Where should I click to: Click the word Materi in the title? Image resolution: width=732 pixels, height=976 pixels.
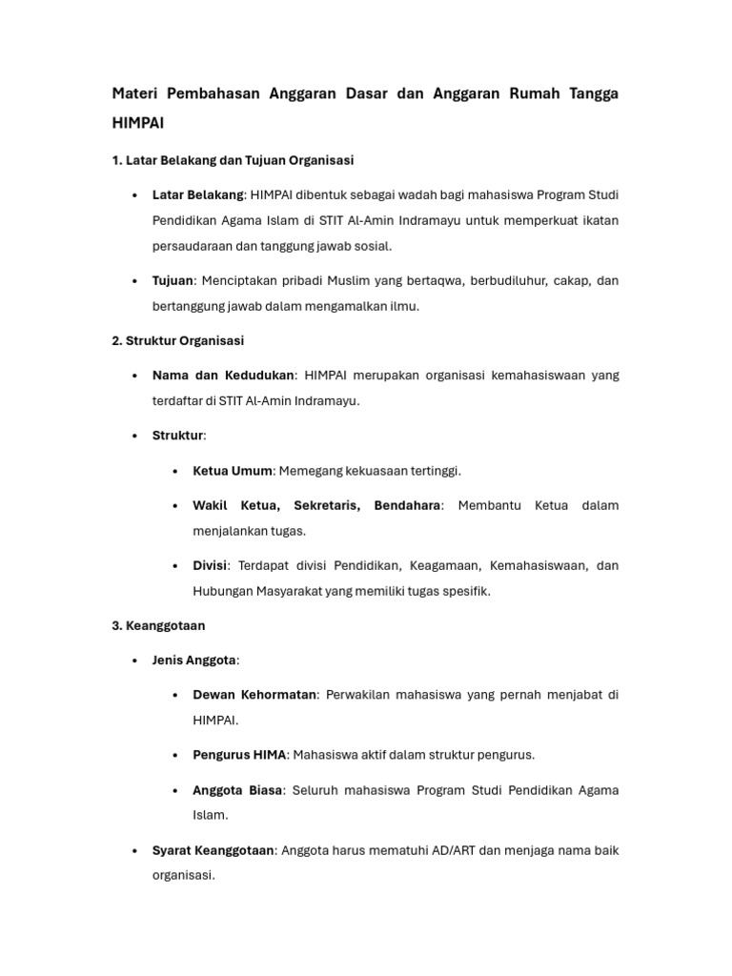[134, 93]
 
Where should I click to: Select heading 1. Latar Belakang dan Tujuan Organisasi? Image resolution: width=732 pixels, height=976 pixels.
[233, 160]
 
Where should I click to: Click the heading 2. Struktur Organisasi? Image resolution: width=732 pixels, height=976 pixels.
[177, 340]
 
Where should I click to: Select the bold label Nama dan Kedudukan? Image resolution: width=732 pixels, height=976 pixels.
[223, 376]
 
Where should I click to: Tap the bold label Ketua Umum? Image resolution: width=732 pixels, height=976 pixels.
[232, 471]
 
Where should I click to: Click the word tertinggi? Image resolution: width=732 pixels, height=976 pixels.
[429, 471]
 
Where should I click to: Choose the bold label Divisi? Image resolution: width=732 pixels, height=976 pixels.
[210, 565]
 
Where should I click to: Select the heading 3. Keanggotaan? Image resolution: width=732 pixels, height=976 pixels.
[158, 626]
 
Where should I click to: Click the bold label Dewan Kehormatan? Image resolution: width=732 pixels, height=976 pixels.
[254, 695]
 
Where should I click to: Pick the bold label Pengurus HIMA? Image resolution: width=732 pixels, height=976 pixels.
[238, 755]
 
